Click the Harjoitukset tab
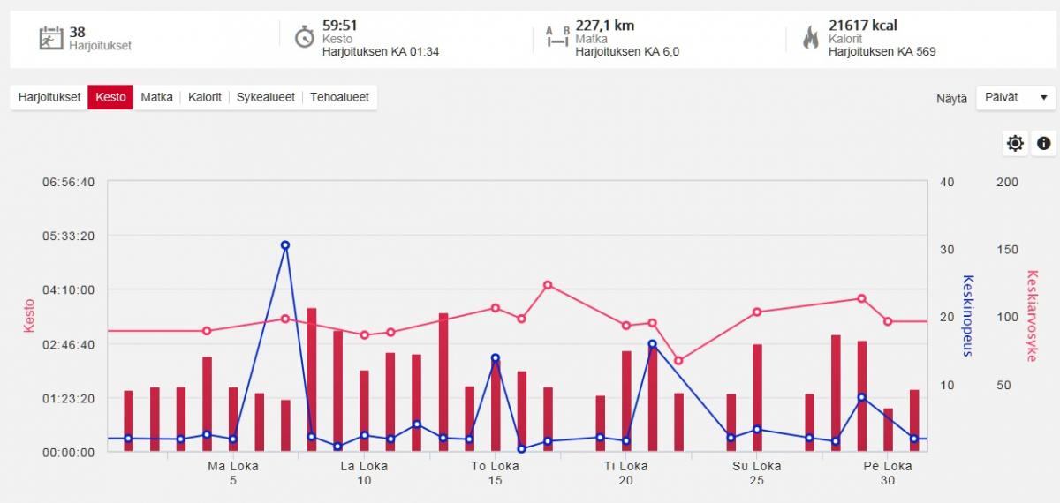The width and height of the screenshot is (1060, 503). pos(49,97)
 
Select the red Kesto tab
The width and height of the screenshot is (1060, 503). pos(110,97)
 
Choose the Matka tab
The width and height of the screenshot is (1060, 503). pos(156,97)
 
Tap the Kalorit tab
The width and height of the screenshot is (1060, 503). pos(205,97)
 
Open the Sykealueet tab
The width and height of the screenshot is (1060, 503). pos(266,97)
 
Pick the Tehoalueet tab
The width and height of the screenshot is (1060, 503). pos(339,97)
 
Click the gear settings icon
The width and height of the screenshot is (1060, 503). pos(1015,143)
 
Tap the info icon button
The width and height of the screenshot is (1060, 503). pos(1043,143)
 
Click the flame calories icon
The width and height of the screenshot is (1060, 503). pos(810,37)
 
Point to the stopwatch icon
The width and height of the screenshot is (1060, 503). pos(304,37)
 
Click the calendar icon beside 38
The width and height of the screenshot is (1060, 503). pos(50,38)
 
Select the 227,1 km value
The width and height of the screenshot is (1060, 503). pos(604,26)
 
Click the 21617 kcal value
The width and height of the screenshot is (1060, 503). pos(862,26)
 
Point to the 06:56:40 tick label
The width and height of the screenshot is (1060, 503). pos(69,183)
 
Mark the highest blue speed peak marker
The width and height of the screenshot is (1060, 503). pos(285,245)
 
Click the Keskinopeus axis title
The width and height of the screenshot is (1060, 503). pos(967,316)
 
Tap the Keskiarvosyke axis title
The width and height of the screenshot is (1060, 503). pos(1031,316)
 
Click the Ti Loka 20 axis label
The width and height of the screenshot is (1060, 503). pos(625,473)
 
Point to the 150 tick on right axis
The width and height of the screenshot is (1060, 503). pos(1007,250)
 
